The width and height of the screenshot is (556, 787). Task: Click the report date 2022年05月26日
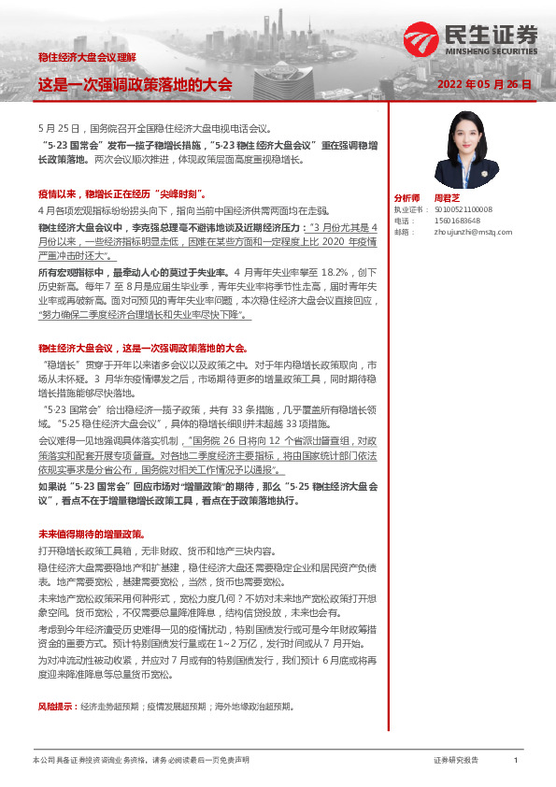[484, 84]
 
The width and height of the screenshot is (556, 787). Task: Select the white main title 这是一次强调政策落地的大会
[135, 84]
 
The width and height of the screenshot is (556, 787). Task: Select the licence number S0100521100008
[462, 210]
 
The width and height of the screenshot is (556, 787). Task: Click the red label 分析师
[407, 198]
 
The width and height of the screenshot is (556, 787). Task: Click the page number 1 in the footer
[515, 761]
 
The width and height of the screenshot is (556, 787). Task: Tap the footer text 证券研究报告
[456, 761]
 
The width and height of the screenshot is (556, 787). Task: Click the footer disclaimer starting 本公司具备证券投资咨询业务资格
[140, 761]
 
